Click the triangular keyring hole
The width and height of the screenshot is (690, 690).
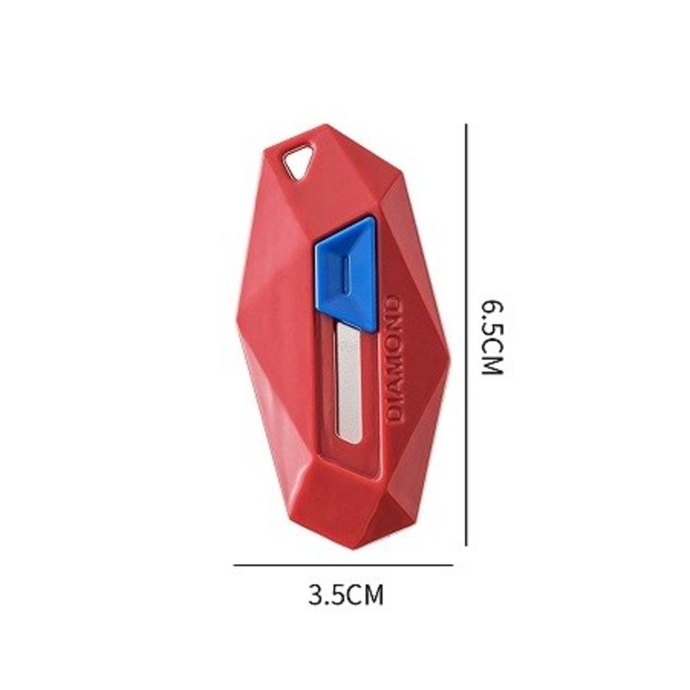[x=298, y=163]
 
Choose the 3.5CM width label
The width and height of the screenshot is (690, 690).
[x=346, y=595]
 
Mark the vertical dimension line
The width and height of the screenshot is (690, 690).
[x=466, y=336]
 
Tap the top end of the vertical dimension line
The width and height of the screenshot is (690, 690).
[x=466, y=125]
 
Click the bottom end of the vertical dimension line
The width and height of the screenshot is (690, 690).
[x=466, y=545]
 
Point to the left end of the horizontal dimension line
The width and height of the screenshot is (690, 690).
[x=234, y=565]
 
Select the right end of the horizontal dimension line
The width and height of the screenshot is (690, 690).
[x=453, y=565]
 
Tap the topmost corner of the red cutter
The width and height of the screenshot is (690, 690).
[x=327, y=126]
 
